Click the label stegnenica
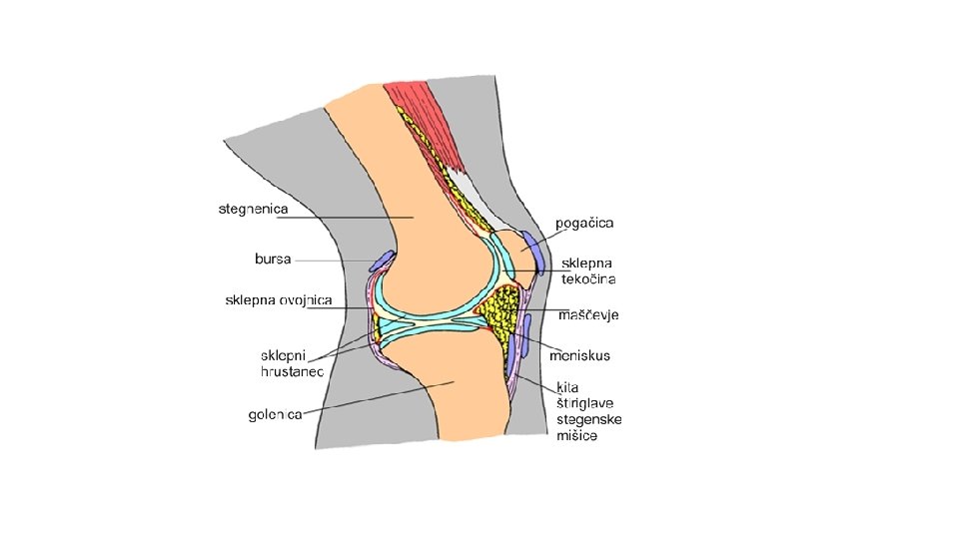(x=254, y=210)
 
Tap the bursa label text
(x=273, y=260)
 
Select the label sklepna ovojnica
(x=279, y=299)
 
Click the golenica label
(x=276, y=415)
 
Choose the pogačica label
(x=584, y=222)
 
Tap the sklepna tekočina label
(x=588, y=270)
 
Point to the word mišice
(x=576, y=435)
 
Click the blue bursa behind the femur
(x=382, y=262)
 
